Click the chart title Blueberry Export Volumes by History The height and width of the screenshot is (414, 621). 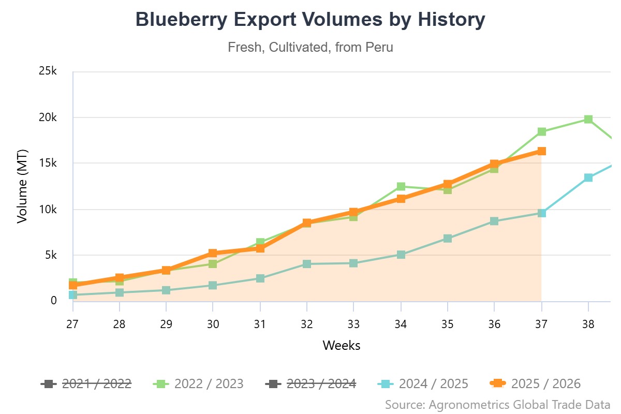[x=310, y=20]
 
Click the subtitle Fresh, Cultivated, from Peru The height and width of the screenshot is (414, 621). [x=310, y=48]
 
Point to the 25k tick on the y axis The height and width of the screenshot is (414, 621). [x=48, y=71]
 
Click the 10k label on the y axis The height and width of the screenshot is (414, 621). [x=48, y=209]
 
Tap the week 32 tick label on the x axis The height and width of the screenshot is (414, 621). [x=307, y=324]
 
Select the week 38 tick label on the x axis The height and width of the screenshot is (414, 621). [x=588, y=324]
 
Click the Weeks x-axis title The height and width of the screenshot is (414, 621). [x=342, y=345]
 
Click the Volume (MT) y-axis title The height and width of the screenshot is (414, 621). [x=22, y=186]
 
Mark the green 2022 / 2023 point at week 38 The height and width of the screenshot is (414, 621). [x=588, y=120]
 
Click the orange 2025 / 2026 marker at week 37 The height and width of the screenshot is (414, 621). [x=541, y=151]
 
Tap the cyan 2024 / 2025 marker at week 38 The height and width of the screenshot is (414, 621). [x=588, y=178]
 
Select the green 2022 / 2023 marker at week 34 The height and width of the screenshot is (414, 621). [x=401, y=186]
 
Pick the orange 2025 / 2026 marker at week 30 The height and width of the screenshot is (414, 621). [x=213, y=253]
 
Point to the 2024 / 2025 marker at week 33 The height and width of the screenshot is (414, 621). [x=353, y=263]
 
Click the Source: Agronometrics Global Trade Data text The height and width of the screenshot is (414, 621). [x=498, y=404]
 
